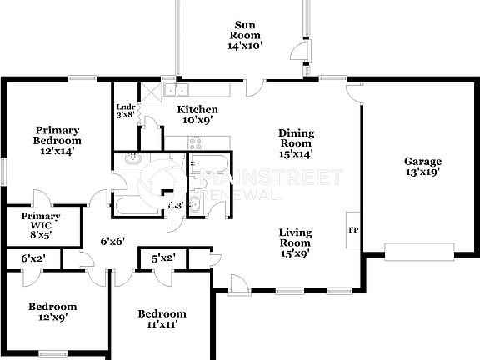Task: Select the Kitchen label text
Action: pos(199,110)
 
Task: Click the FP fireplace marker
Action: pos(352,227)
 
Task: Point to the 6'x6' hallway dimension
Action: pos(112,242)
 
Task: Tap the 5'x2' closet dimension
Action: pos(162,259)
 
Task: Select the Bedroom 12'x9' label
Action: pos(52,312)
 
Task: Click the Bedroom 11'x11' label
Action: pos(162,319)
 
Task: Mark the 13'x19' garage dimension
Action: pos(422,172)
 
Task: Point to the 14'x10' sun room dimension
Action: pos(245,47)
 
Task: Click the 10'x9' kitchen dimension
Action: pos(198,120)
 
